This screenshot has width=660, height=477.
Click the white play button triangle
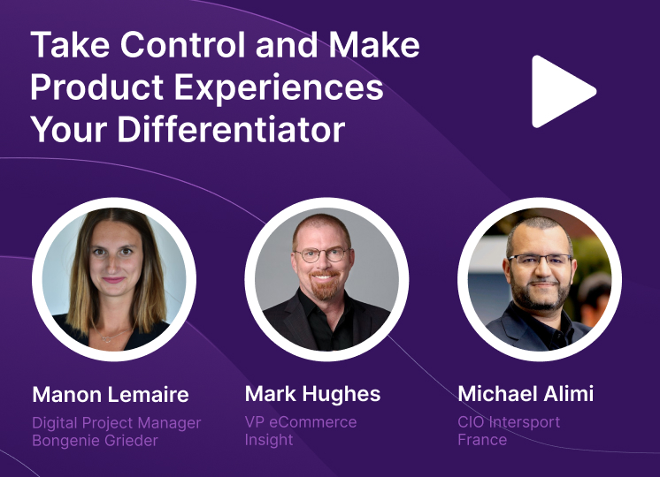pos(560,91)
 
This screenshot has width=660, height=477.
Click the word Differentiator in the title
pos(231,129)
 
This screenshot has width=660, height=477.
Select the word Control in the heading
pos(182,44)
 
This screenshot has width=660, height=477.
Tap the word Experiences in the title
pos(279,87)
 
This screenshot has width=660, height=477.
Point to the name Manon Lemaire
pos(111,395)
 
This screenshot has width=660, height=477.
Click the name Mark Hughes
pos(312,394)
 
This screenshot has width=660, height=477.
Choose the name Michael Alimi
pos(526,394)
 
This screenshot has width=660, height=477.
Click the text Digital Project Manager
pos(117,423)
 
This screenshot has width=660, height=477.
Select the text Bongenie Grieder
pos(96,441)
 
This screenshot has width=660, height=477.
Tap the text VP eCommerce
pos(301,422)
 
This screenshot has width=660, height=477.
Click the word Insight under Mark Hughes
pos(269,440)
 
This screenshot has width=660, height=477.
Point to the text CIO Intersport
pos(509,422)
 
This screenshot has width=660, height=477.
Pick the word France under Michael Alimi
pos(482,440)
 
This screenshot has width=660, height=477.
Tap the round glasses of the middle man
pos(322,254)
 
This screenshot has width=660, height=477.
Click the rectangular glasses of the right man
pos(541,260)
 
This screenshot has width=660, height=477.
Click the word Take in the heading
pos(70,44)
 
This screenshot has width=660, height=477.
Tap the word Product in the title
pos(96,87)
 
